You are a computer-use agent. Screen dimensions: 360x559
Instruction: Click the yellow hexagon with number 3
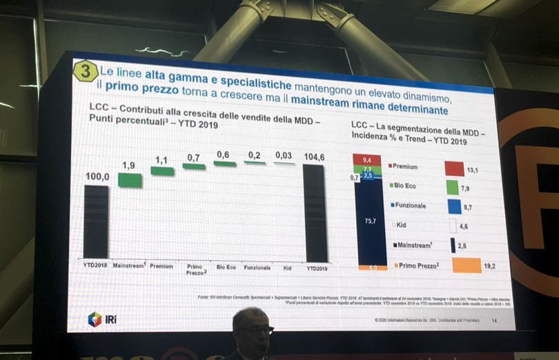(86, 72)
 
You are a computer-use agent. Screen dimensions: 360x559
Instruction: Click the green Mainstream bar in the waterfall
(130, 180)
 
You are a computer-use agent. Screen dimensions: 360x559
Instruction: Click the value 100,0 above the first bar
(97, 177)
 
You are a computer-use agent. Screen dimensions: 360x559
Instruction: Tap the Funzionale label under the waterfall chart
(257, 266)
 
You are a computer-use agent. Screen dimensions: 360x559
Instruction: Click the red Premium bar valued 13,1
(454, 168)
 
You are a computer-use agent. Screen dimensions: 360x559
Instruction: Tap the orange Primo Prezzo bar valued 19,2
(466, 265)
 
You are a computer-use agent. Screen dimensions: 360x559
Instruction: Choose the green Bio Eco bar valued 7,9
(452, 187)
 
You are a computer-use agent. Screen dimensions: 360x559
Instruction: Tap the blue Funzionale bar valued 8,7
(454, 206)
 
